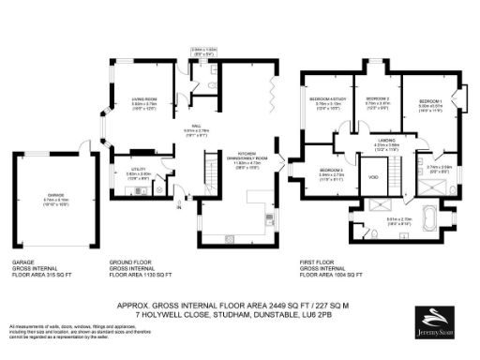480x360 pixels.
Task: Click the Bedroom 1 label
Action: pos(429,100)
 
